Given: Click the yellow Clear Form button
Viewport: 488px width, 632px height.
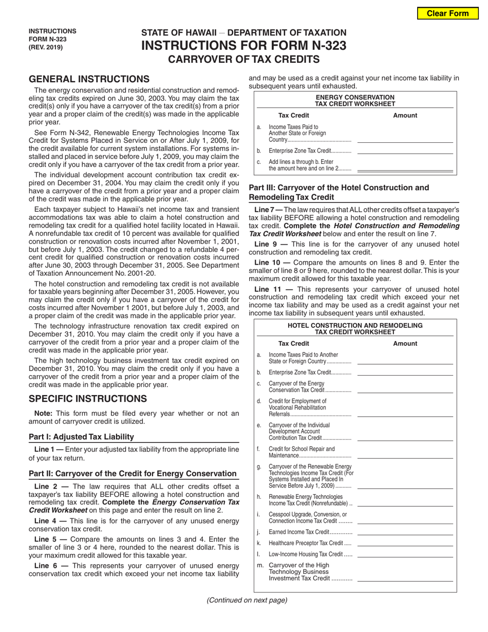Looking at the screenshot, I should click(447, 13).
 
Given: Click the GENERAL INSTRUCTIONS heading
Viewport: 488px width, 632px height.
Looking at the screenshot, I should click(89, 79).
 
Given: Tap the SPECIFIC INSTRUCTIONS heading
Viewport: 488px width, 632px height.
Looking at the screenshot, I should click(88, 399).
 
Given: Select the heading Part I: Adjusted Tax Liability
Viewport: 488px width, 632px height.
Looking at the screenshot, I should click(82, 437).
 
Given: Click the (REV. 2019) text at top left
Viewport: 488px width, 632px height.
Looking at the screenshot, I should click(46, 47).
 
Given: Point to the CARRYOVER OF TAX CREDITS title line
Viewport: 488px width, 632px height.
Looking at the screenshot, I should click(244, 59).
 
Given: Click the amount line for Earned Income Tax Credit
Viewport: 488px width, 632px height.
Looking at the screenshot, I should click(405, 532).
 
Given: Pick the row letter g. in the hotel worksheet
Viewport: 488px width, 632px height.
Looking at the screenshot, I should click(259, 467).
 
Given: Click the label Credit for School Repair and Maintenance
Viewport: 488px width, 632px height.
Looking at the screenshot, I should click(302, 452).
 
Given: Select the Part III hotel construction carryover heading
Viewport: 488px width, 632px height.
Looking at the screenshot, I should click(339, 192).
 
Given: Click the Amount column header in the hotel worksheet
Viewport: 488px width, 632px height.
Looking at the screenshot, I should click(405, 343).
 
